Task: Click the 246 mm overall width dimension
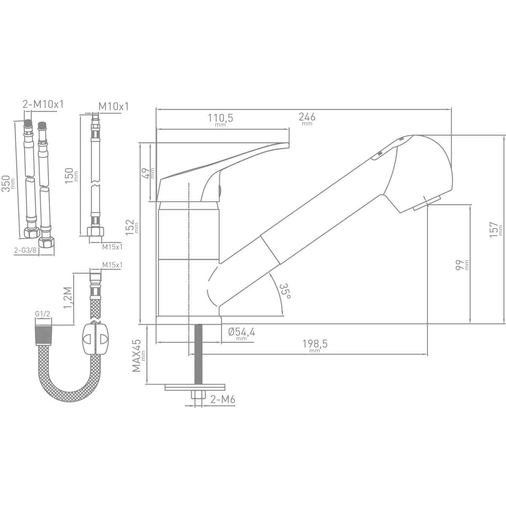point(307,118)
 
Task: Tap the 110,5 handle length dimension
point(220,120)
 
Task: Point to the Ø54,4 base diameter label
point(242,334)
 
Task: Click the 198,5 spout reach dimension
point(315,346)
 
